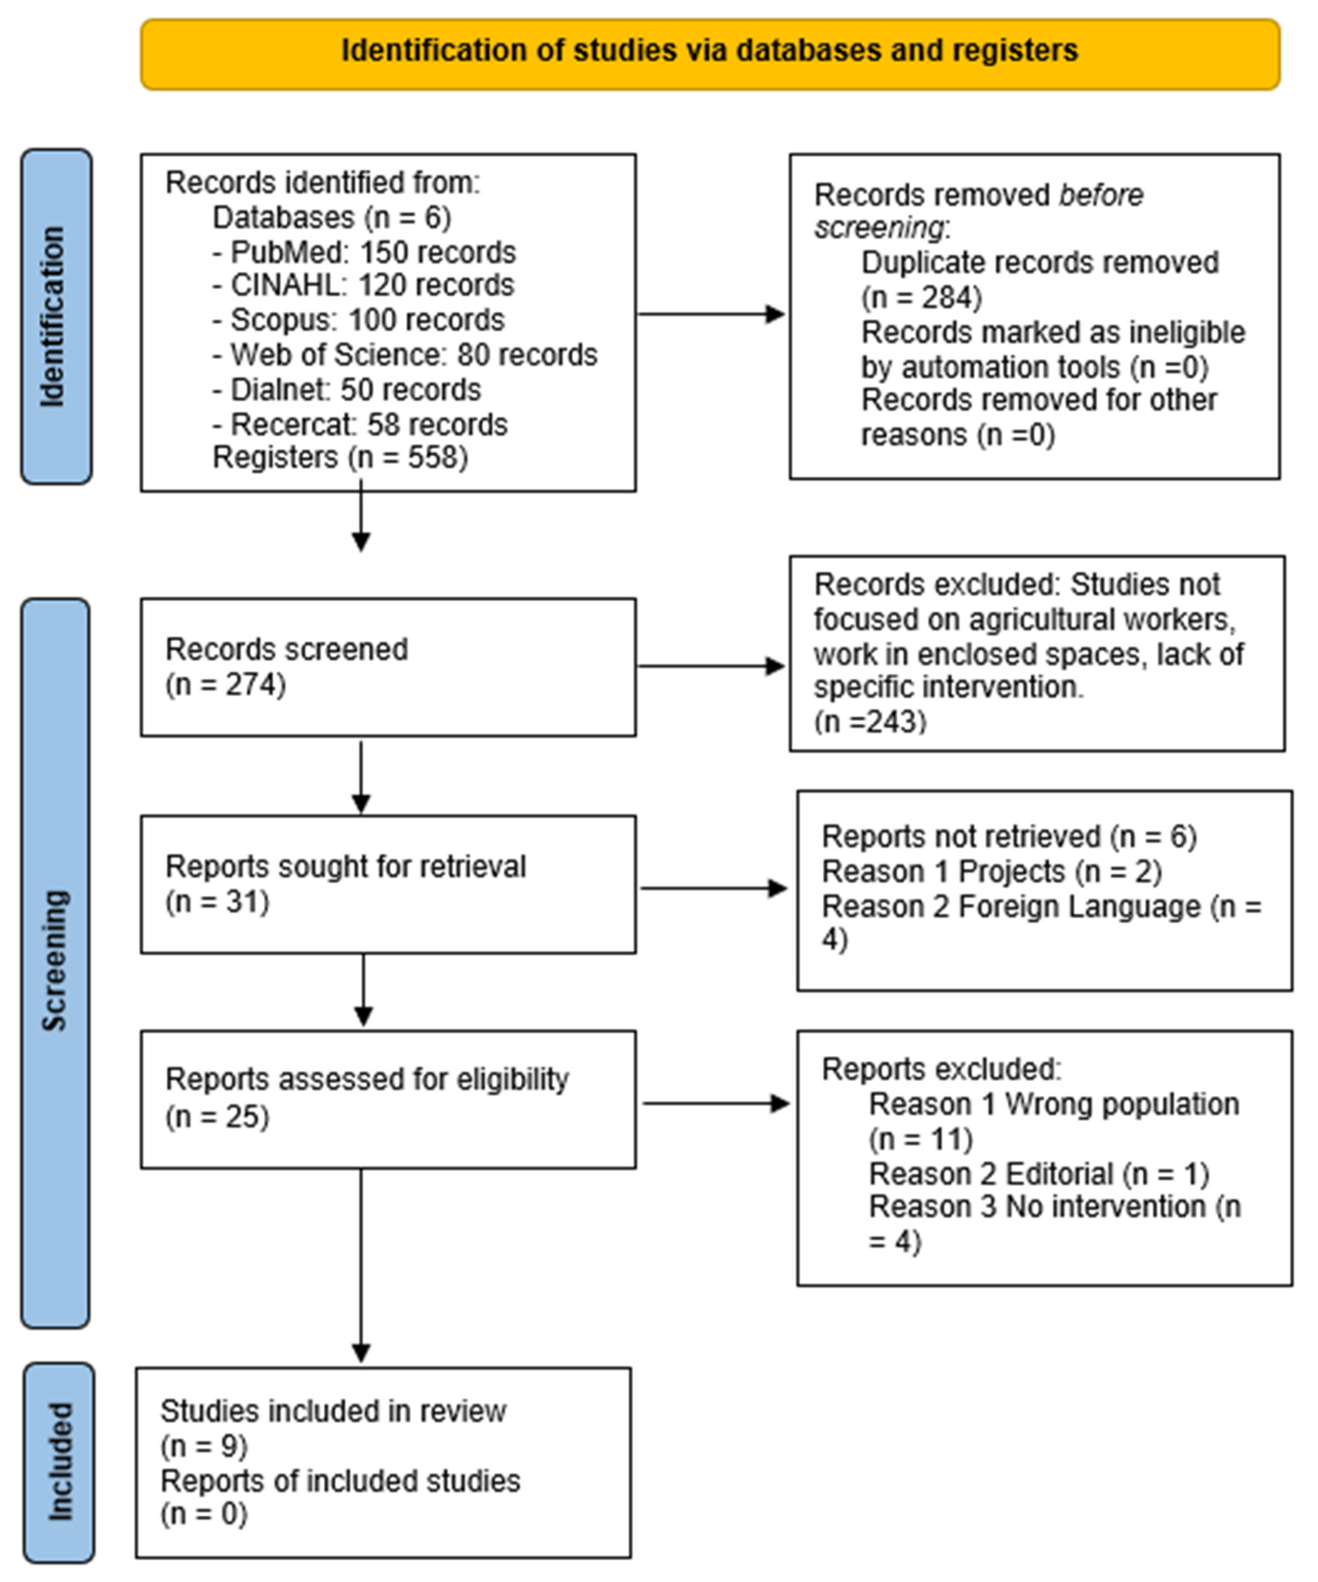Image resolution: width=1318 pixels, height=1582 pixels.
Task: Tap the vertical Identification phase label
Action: (54, 316)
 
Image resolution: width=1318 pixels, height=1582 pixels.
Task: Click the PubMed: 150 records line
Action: (364, 252)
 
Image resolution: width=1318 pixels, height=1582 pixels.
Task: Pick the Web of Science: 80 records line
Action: (404, 355)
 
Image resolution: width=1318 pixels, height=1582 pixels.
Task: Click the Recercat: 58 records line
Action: (360, 425)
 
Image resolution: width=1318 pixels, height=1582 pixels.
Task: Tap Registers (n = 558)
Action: (340, 457)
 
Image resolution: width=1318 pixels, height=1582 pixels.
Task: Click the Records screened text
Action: (286, 649)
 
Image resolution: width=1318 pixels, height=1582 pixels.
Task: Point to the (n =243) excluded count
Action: (870, 722)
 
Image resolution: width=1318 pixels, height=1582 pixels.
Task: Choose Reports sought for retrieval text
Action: (345, 867)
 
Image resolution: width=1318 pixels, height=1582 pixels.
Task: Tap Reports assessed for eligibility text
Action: (367, 1080)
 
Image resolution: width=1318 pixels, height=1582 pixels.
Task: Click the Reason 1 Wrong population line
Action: (1053, 1105)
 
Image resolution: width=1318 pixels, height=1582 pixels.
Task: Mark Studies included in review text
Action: (333, 1411)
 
